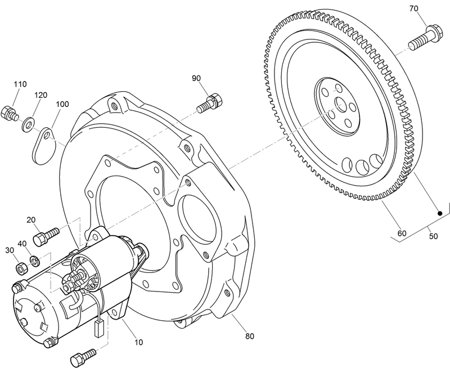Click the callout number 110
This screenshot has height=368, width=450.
click(x=20, y=84)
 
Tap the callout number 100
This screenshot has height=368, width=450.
click(x=62, y=105)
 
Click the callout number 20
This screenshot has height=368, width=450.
click(x=31, y=220)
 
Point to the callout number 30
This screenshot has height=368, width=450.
click(x=9, y=250)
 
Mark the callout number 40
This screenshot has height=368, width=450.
click(x=22, y=243)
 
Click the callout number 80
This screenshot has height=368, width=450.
click(x=250, y=336)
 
